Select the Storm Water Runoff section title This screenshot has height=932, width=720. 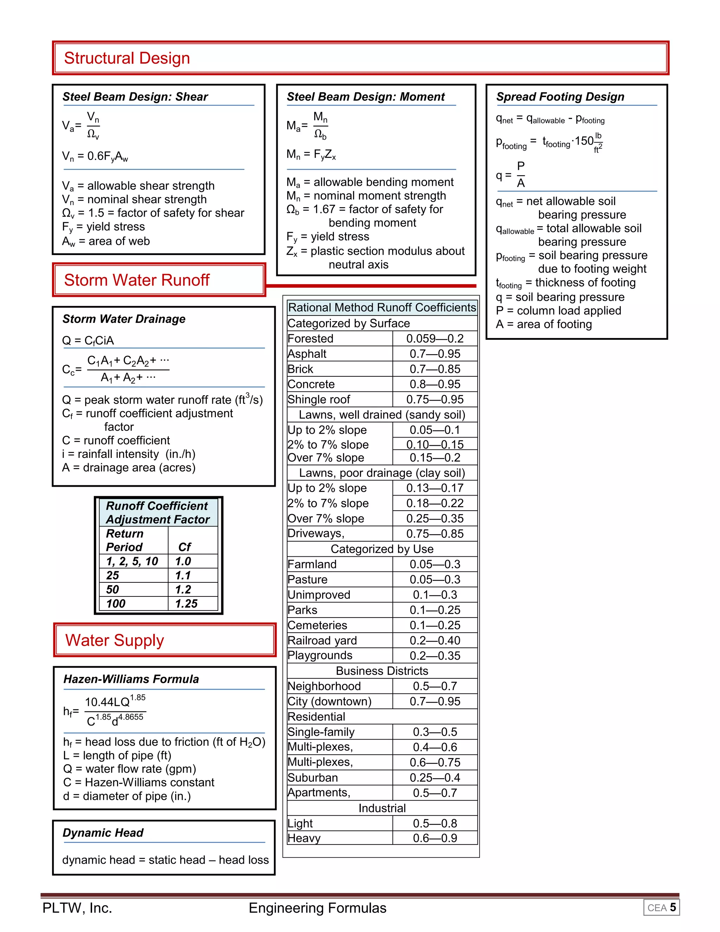136,280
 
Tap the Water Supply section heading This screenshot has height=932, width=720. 114,640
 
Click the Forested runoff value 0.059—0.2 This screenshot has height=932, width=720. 435,338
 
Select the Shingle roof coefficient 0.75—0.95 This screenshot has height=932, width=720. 435,400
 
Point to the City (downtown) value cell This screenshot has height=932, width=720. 435,701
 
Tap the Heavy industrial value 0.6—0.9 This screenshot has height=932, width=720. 435,838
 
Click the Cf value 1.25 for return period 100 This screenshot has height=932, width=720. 186,604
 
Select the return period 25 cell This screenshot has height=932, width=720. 112,575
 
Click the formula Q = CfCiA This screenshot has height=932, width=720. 88,340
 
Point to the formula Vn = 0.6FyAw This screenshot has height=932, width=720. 95,156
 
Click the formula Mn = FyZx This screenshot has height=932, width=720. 311,154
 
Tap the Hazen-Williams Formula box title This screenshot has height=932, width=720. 131,679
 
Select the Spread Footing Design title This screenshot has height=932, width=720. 560,96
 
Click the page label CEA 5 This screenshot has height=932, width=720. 661,908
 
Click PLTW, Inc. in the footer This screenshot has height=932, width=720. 77,908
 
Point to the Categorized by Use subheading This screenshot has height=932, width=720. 382,549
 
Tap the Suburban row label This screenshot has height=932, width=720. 313,778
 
